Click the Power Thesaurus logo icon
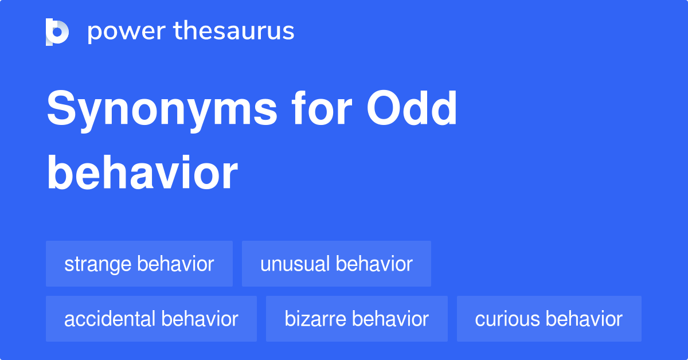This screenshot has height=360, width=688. [x=57, y=32]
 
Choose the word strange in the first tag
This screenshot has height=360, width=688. [x=98, y=264]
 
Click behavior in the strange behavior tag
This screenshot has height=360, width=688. [x=176, y=264]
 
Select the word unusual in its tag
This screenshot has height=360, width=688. [x=295, y=264]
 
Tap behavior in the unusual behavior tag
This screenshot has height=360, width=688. [x=374, y=264]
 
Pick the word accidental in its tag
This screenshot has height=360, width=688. [x=110, y=319]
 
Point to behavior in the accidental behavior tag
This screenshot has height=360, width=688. [x=200, y=319]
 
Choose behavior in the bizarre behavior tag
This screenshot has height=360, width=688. [x=391, y=319]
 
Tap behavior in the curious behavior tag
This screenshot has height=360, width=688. [x=585, y=319]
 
